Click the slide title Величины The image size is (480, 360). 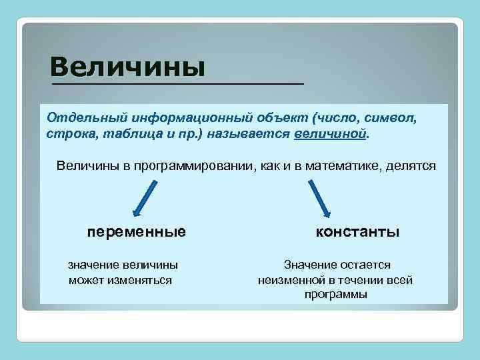(127, 67)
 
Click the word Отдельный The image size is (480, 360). (75, 118)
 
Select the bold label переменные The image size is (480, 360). (136, 232)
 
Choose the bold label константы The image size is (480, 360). (358, 232)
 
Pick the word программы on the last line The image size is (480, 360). (335, 294)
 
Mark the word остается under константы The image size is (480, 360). (366, 265)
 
